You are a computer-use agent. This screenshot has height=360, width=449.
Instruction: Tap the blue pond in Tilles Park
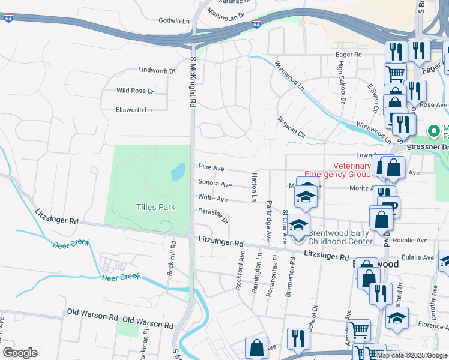178,172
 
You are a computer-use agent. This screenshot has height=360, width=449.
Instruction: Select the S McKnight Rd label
193,83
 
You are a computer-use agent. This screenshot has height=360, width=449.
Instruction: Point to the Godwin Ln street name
174,20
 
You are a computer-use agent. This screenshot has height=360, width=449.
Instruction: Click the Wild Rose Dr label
135,91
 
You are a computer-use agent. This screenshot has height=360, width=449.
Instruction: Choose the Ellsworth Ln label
134,110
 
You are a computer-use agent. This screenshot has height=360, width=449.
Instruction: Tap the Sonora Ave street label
215,184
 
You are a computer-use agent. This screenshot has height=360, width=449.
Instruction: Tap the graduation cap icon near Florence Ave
397,319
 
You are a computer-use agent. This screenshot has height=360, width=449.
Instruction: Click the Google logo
20,353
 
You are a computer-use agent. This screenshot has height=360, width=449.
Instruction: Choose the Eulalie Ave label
418,257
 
